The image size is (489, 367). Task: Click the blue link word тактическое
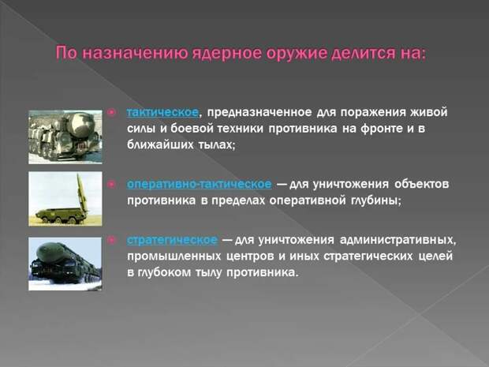(x=162, y=112)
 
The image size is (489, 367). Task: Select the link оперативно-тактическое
(x=200, y=184)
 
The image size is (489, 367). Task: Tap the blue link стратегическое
(x=172, y=240)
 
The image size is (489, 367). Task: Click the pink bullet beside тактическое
(x=112, y=112)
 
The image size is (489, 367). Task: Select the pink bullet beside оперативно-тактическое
(x=112, y=184)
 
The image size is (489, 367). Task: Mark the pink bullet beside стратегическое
(x=112, y=240)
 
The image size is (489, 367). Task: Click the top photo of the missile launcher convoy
(x=65, y=137)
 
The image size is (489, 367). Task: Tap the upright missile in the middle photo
(x=81, y=193)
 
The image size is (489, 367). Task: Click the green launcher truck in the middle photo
(x=59, y=215)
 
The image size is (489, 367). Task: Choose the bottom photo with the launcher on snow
(x=65, y=264)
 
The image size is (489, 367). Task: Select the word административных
(x=398, y=240)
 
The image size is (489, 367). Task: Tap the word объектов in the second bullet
(x=422, y=184)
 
